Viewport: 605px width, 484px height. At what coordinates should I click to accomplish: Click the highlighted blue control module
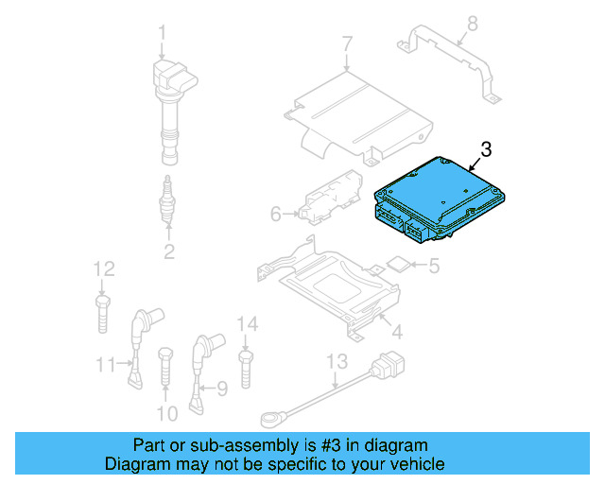click(x=440, y=197)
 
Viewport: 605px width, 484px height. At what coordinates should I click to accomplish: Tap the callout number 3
click(x=486, y=149)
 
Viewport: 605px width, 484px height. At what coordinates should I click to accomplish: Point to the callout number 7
click(x=346, y=43)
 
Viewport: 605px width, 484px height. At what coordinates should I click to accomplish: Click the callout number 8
click(x=473, y=23)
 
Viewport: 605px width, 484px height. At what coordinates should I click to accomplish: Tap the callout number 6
click(x=275, y=215)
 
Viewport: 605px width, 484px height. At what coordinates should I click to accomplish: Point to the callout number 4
click(x=396, y=332)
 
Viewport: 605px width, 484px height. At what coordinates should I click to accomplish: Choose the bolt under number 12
click(x=102, y=313)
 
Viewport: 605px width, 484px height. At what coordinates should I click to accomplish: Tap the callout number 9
click(x=222, y=387)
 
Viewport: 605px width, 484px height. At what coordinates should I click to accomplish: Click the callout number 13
click(x=337, y=360)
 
